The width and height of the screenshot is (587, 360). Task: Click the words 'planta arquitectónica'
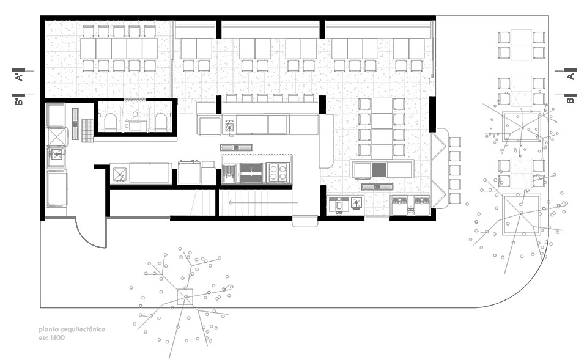pos(72,329)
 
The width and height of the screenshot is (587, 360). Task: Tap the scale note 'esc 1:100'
pos(51,337)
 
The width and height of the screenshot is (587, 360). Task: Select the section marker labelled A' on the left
pos(19,75)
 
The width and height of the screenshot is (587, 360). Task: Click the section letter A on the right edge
pos(570,76)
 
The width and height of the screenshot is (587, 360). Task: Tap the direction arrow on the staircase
pos(263,203)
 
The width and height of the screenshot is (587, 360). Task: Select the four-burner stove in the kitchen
pos(278,172)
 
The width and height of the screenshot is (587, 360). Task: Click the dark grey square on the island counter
pos(379,170)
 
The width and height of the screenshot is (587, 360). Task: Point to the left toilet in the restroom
pos(111,123)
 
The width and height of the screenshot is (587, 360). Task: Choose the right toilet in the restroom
pos(161,123)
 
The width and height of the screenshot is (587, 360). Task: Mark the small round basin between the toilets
pos(135,114)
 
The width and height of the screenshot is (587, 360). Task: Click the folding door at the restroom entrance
pos(135,100)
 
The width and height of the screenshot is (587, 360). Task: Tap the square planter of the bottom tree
pos(185,297)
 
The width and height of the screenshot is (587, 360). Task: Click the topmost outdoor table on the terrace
pos(521,45)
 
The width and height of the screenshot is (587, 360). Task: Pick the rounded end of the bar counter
pos(326,163)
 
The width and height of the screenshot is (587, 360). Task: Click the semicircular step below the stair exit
pos(305,223)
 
